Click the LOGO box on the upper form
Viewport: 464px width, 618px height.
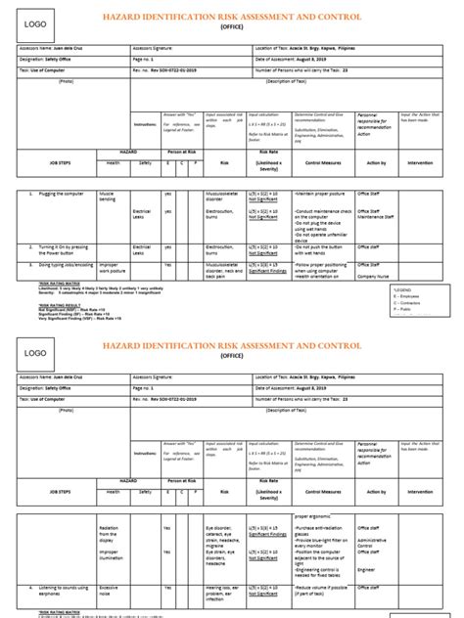pos(34,22)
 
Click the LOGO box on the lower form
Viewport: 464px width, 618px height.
pos(34,350)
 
